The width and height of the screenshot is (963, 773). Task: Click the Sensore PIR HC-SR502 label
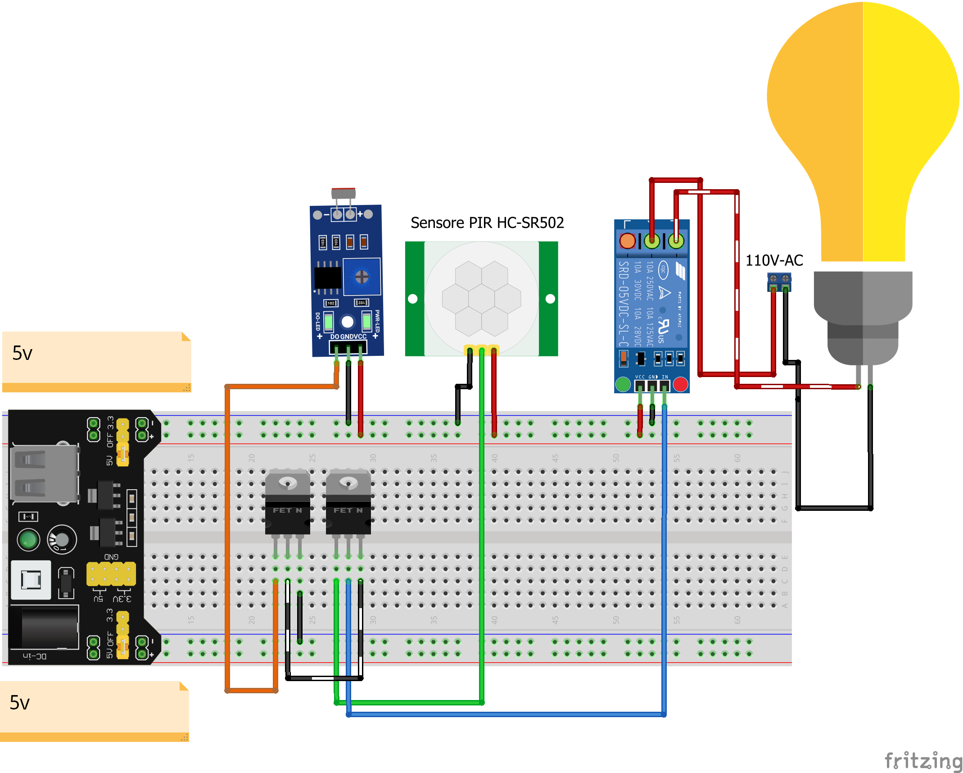point(487,223)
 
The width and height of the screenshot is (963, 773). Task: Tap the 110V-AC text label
point(774,260)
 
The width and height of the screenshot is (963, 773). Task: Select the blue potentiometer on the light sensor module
point(362,277)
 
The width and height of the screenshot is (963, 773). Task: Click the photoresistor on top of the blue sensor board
point(344,194)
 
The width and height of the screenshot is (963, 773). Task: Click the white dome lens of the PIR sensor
point(481,298)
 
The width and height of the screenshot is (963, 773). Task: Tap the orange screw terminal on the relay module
point(627,241)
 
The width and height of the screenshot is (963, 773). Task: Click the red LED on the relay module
point(680,384)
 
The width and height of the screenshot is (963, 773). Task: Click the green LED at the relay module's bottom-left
point(623,384)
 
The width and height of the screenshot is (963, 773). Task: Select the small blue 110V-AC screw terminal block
point(779,282)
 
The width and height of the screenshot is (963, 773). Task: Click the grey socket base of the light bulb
point(863,315)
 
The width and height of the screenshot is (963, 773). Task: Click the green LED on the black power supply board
point(28,539)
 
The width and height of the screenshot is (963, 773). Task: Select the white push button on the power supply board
point(31,580)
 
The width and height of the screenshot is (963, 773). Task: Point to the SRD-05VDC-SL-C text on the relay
point(623,304)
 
